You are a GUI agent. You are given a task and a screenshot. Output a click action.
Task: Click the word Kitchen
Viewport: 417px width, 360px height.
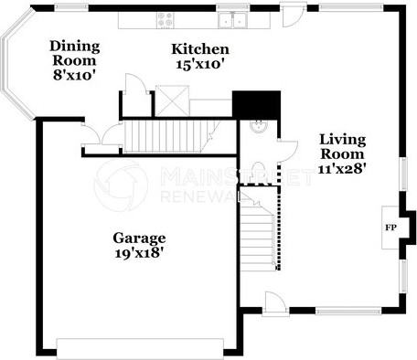[200, 48]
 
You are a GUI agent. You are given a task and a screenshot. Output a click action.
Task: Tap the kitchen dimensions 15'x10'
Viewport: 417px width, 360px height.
[200, 64]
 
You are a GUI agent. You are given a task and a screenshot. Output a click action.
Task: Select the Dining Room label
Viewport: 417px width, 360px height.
[74, 53]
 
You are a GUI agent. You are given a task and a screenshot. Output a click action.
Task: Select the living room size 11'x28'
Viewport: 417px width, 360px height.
[343, 170]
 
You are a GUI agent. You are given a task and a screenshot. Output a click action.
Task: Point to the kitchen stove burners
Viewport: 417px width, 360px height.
[166, 19]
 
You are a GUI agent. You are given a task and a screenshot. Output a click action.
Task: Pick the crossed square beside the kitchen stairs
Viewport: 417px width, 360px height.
[171, 100]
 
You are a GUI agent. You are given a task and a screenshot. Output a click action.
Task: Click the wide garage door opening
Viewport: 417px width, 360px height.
[139, 347]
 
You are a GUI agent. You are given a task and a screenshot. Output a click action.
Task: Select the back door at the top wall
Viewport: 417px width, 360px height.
[293, 15]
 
